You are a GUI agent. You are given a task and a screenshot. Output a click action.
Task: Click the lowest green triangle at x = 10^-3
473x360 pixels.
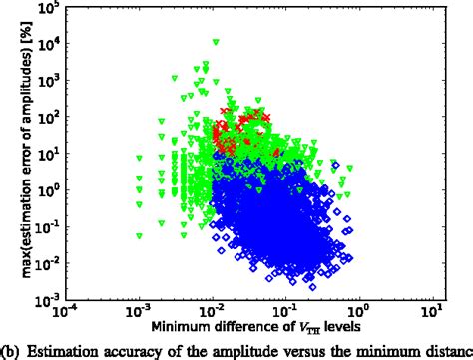[140, 236]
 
